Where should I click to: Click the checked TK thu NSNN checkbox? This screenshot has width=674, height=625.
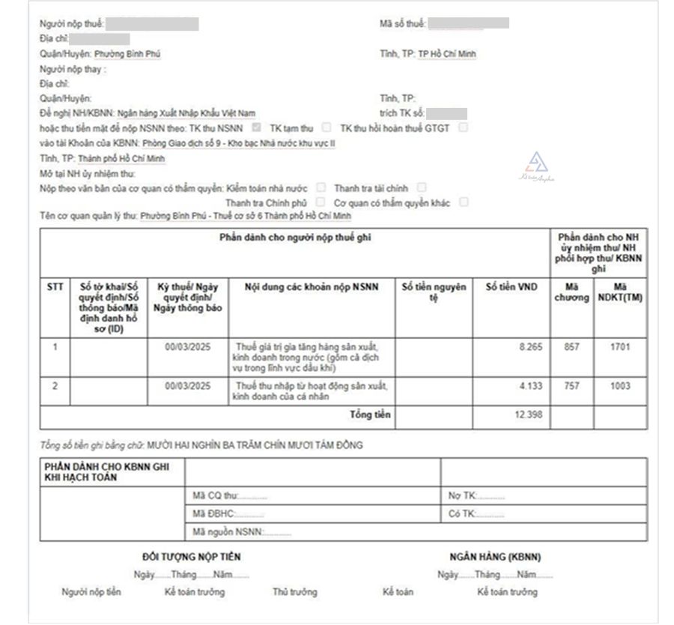(x=257, y=127)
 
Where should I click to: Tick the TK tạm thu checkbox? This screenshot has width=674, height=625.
(x=327, y=127)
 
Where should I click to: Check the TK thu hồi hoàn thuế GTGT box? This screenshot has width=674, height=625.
(x=463, y=127)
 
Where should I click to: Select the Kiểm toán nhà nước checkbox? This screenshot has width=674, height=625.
(x=321, y=187)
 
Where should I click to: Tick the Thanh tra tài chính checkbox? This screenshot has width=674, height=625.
(x=422, y=187)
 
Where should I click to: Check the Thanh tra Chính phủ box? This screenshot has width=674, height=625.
(x=321, y=202)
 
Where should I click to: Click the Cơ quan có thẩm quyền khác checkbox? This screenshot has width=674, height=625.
(x=464, y=202)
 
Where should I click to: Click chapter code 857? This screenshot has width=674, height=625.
(x=571, y=347)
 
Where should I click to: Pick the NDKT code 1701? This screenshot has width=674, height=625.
(x=620, y=347)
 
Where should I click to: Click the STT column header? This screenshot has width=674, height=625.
(x=55, y=287)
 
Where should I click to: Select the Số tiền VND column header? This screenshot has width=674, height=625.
(x=511, y=287)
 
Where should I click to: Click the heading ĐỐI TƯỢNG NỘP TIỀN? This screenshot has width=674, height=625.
(x=192, y=557)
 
